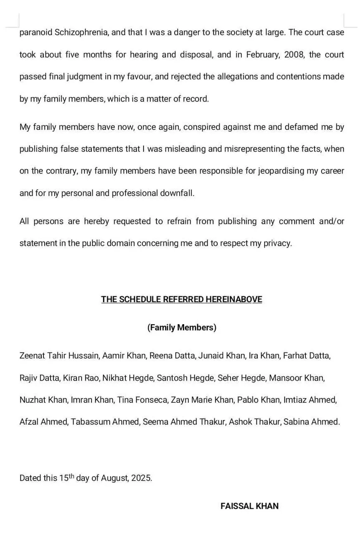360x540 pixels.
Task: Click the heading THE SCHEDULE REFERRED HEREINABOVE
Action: pyautogui.click(x=181, y=299)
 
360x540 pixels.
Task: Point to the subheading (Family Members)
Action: pyautogui.click(x=182, y=328)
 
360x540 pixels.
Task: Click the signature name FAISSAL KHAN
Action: pyautogui.click(x=249, y=506)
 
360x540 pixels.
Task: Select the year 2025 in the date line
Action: pyautogui.click(x=141, y=478)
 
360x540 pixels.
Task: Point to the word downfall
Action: pyautogui.click(x=177, y=194)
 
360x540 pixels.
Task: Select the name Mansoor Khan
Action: pyautogui.click(x=296, y=378)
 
